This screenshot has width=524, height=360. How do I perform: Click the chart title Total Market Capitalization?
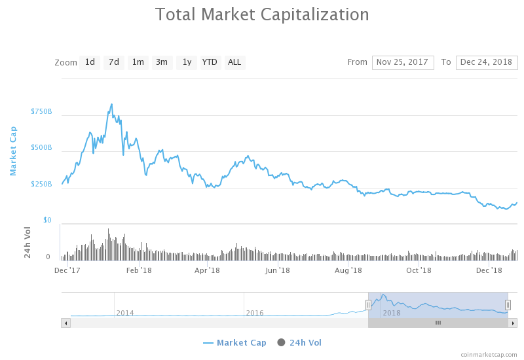(x=262, y=14)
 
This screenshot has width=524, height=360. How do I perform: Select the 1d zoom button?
(x=90, y=62)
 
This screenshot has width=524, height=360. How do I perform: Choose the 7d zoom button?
(x=114, y=62)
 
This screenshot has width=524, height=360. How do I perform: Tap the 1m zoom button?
(x=138, y=62)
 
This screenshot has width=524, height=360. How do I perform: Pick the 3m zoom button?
(x=162, y=62)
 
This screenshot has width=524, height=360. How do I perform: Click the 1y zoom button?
(x=187, y=62)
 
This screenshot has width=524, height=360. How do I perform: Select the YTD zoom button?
(x=210, y=62)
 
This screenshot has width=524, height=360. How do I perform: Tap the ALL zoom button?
(x=234, y=62)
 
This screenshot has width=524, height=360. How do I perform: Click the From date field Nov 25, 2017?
(x=403, y=62)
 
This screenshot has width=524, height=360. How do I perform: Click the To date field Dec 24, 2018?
(x=487, y=62)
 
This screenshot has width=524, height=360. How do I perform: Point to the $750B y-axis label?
(x=41, y=112)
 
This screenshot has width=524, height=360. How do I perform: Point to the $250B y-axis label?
(x=41, y=185)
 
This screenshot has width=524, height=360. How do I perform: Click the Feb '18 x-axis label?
(x=139, y=270)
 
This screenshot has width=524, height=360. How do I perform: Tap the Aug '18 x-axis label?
(x=348, y=270)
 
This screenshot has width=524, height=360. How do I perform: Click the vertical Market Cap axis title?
(x=13, y=151)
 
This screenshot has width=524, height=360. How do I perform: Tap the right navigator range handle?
(x=508, y=304)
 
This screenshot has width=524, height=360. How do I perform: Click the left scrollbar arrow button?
(x=65, y=323)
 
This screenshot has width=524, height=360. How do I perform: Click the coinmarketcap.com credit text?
(x=488, y=354)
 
